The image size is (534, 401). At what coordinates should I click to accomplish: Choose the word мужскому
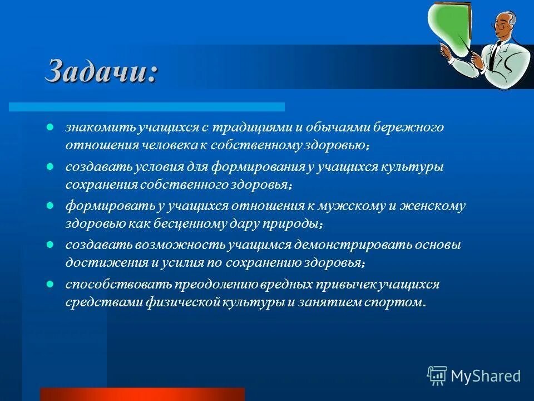tap(350, 206)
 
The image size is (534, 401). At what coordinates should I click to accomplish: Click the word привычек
tap(347, 285)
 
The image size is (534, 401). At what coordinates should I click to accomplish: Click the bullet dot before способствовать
tap(50, 283)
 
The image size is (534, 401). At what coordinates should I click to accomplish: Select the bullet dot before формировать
tap(50, 205)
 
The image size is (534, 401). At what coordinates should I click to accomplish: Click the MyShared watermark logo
tap(474, 375)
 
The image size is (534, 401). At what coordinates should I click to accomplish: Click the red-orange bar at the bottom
tap(142, 394)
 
